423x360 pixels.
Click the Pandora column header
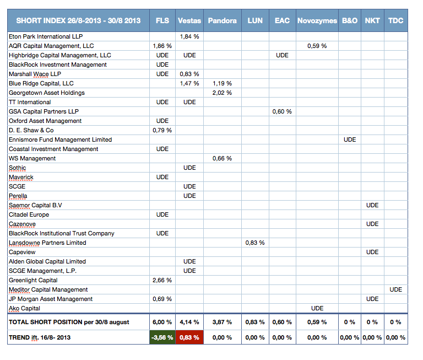pos(223,20)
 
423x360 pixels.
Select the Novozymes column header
pos(317,20)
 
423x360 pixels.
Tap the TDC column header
pos(396,20)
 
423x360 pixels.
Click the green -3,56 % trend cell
pos(162,337)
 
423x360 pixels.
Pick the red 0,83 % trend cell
pos(189,337)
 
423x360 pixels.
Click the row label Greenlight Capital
pos(33,280)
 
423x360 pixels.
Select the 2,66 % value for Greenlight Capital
pos(162,280)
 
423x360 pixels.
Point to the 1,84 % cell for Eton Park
pos(189,36)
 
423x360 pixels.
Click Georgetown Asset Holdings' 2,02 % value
pos(222,93)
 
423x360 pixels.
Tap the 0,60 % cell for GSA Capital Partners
pos(282,111)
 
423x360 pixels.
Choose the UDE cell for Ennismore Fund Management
pos(350,139)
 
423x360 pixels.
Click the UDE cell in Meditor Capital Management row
pos(396,289)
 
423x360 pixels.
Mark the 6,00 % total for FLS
pos(162,322)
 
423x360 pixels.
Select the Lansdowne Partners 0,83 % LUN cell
pos(255,243)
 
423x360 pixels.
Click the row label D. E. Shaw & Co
pos(31,130)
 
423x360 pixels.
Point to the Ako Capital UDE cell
pos(317,308)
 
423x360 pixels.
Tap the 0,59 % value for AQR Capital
pos(317,46)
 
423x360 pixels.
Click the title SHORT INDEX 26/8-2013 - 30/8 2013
pos(78,20)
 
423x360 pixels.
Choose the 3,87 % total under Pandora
pos(222,322)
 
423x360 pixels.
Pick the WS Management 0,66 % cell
pos(222,158)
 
